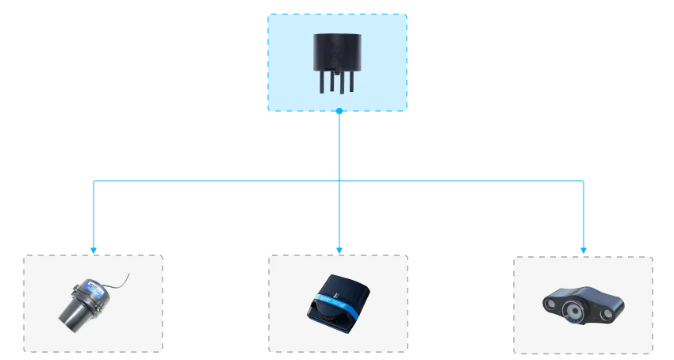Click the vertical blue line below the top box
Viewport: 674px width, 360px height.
click(339, 147)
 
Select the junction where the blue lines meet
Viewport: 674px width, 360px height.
click(339, 182)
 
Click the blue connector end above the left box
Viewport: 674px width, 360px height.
click(94, 249)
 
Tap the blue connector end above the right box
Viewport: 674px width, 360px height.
click(584, 249)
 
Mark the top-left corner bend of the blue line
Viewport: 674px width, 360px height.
click(94, 182)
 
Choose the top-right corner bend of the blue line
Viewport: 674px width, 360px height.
click(584, 182)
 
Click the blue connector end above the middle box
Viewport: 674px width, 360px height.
click(339, 249)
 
